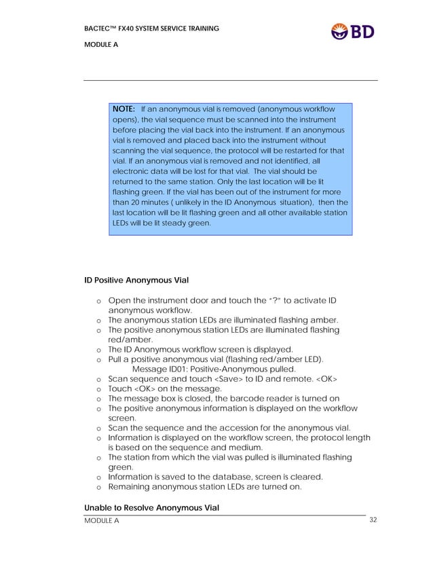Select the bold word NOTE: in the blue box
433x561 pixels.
pyautogui.click(x=124, y=109)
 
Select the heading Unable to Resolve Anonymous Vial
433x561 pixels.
pyautogui.click(x=151, y=508)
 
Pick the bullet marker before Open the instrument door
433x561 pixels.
pyautogui.click(x=99, y=301)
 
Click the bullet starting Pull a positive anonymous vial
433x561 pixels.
pyautogui.click(x=216, y=359)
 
